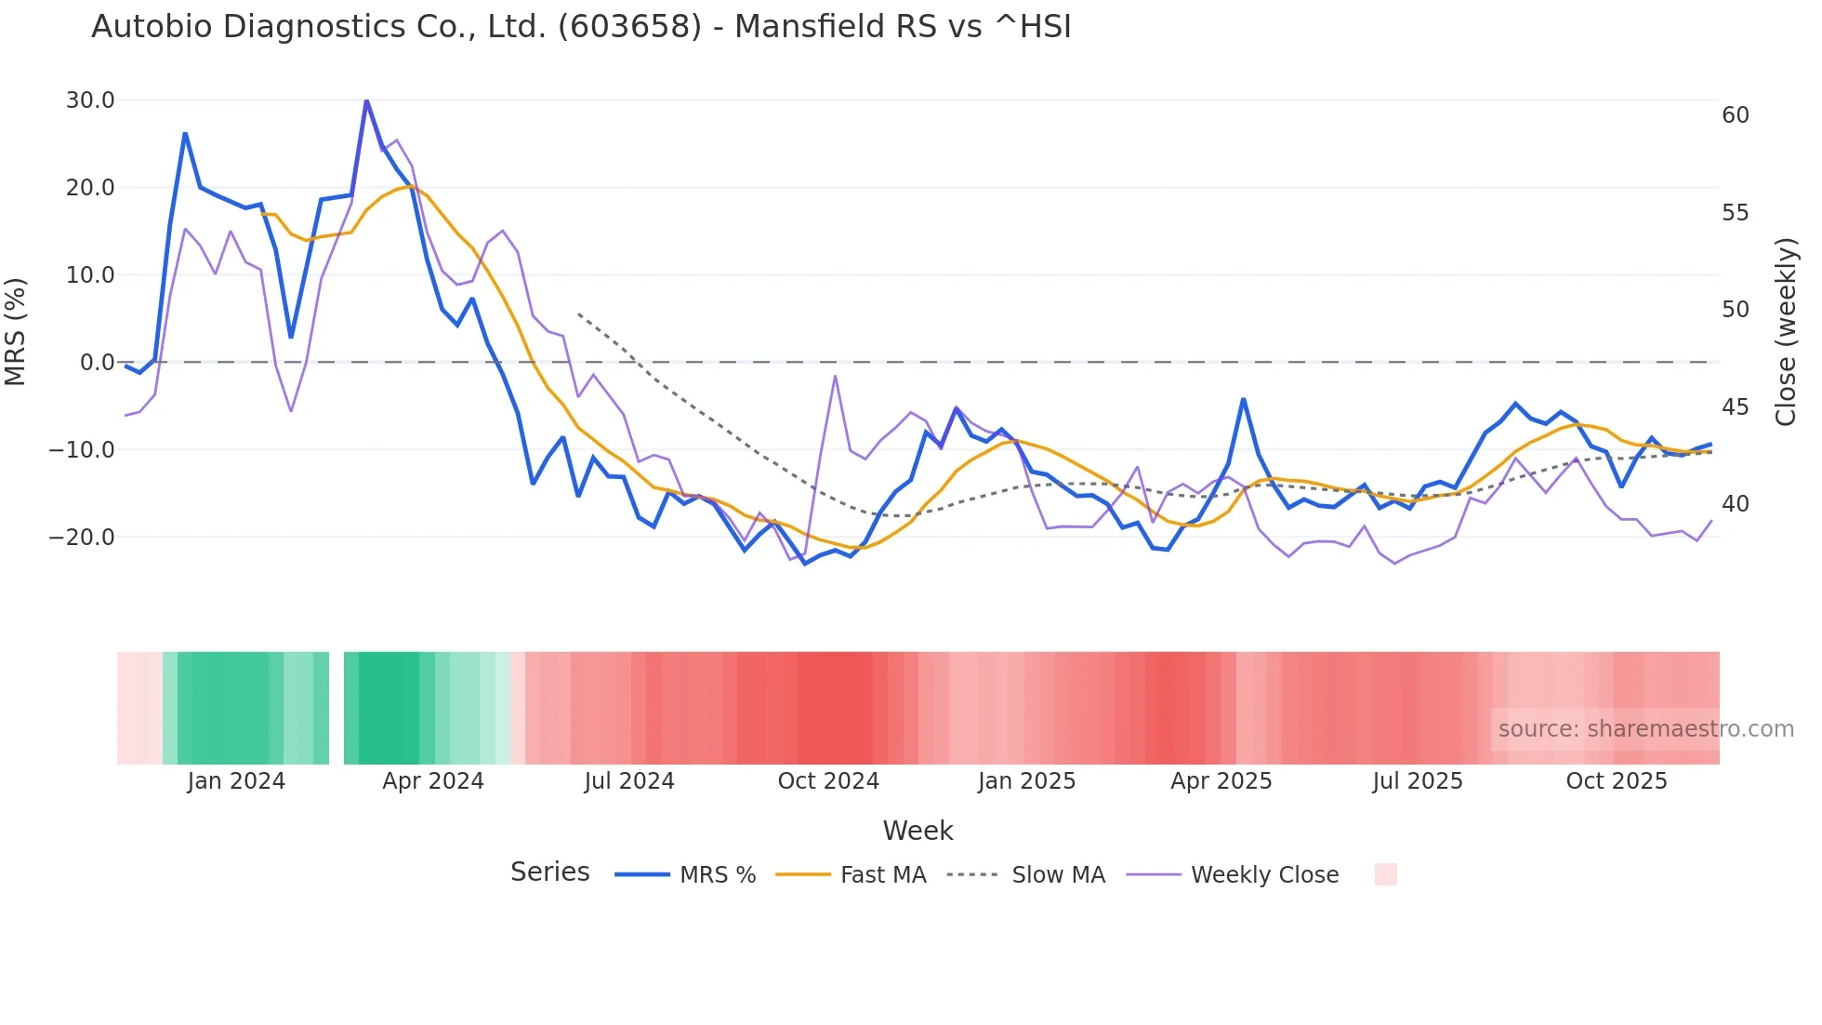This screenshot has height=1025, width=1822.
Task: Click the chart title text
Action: click(581, 27)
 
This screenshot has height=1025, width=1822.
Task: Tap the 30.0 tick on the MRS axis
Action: click(90, 100)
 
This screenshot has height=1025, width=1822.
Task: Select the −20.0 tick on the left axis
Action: click(82, 538)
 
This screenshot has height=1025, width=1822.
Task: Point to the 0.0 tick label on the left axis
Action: click(97, 363)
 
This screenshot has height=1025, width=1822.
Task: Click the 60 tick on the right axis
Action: click(1736, 115)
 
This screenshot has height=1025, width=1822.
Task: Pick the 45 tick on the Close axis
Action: click(1736, 407)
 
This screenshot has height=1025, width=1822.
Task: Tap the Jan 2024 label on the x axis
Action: click(236, 781)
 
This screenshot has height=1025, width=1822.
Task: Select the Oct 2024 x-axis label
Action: click(828, 781)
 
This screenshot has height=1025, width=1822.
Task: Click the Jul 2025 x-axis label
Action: click(1418, 781)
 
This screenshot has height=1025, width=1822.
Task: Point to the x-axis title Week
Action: click(918, 831)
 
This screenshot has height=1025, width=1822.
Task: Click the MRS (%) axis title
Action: click(16, 331)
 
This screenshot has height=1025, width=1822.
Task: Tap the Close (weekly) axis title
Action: click(1786, 331)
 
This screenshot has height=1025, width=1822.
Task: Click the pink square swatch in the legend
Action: click(1385, 874)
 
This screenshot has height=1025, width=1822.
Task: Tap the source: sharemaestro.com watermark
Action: click(1645, 729)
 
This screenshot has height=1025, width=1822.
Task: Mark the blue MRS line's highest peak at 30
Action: click(366, 100)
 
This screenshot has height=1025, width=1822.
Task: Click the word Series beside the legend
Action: click(549, 872)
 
